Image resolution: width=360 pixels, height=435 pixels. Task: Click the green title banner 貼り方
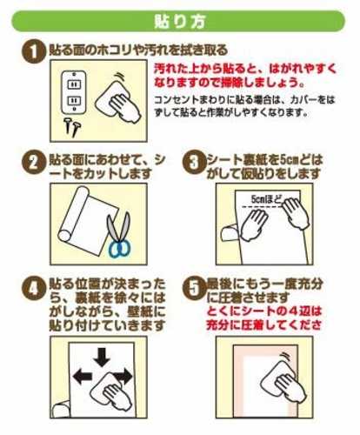pyautogui.click(x=178, y=21)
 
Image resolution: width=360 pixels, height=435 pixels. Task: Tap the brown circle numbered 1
pyautogui.click(x=34, y=51)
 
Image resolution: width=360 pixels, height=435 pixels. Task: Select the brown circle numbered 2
pyautogui.click(x=34, y=162)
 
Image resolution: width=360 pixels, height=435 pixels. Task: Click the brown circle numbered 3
pyautogui.click(x=194, y=162)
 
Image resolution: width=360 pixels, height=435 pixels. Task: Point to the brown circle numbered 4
pyautogui.click(x=34, y=288)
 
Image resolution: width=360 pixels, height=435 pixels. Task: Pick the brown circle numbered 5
pyautogui.click(x=194, y=288)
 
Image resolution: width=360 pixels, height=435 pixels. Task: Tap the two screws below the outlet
pyautogui.click(x=72, y=127)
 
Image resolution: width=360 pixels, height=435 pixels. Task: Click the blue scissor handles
pyautogui.click(x=119, y=249)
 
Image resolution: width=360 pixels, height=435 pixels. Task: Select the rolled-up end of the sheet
pyautogui.click(x=73, y=215)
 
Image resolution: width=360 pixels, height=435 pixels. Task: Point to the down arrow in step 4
pyautogui.click(x=102, y=358)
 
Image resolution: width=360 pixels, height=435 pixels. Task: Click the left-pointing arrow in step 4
pyautogui.click(x=83, y=377)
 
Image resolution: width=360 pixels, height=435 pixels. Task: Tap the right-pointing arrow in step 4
pyautogui.click(x=123, y=376)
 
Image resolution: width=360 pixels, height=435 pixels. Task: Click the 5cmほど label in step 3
pyautogui.click(x=266, y=199)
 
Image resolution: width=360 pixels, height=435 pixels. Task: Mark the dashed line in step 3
pyautogui.click(x=263, y=207)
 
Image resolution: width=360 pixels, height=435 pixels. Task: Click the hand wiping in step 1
pyautogui.click(x=125, y=108)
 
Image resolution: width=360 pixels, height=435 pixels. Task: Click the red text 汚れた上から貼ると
pyautogui.click(x=207, y=69)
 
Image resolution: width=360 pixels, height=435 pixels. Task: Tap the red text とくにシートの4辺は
pyautogui.click(x=264, y=311)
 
